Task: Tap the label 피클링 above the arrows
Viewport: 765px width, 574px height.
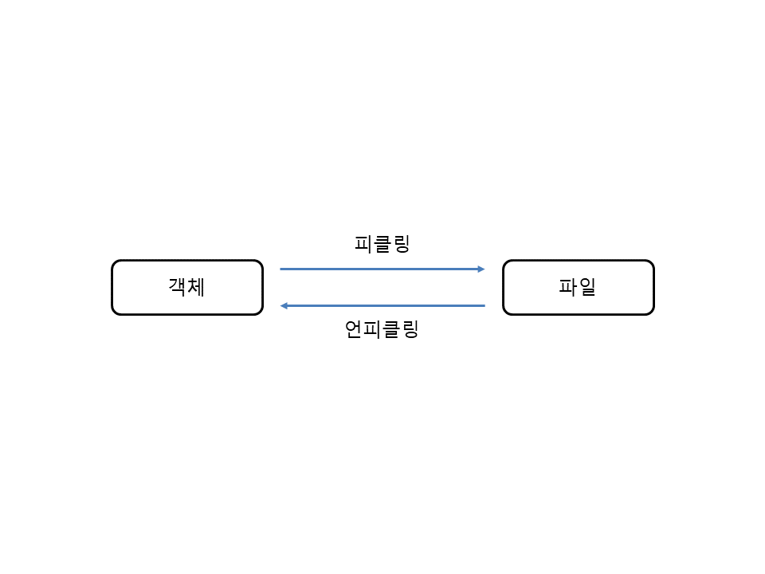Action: tap(382, 244)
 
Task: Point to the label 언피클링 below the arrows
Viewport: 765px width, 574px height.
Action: tap(382, 329)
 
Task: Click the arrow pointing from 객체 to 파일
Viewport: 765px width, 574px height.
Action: tap(382, 269)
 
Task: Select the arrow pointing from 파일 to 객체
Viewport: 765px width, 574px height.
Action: tap(382, 305)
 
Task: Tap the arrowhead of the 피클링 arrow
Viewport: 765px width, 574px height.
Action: tap(481, 269)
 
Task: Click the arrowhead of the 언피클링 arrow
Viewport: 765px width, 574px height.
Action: tap(284, 305)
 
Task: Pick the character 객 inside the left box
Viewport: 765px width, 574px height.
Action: tap(178, 287)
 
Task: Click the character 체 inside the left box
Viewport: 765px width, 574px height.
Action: tap(196, 287)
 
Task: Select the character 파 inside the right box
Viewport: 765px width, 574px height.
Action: tap(568, 287)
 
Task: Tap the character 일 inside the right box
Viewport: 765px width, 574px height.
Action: tap(587, 287)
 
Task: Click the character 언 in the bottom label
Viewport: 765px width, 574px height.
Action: tap(354, 329)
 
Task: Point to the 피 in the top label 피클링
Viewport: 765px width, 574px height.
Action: tap(363, 244)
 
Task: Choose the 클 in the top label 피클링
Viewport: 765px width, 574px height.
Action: tap(382, 244)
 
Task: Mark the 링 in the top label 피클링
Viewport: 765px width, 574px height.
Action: tap(402, 244)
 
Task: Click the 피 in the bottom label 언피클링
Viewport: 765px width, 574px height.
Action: tap(373, 329)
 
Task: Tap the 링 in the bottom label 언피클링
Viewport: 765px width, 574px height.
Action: tap(410, 329)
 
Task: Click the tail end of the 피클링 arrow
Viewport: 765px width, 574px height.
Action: tap(280, 269)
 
